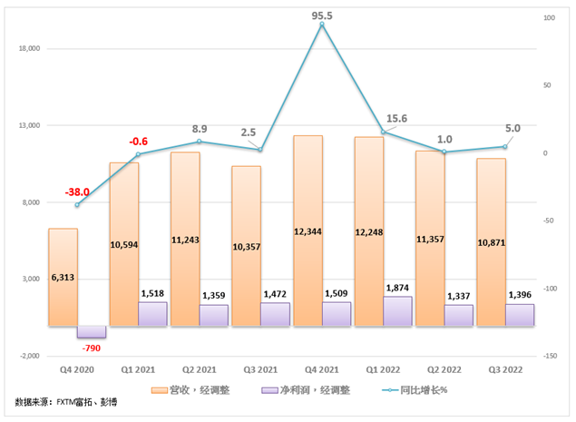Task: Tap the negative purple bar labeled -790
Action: [91, 331]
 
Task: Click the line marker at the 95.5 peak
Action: [322, 25]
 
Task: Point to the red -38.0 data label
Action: [76, 192]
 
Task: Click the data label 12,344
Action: [308, 232]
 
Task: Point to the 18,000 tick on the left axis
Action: [30, 49]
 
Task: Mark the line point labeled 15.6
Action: [383, 132]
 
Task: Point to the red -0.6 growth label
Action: [139, 142]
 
